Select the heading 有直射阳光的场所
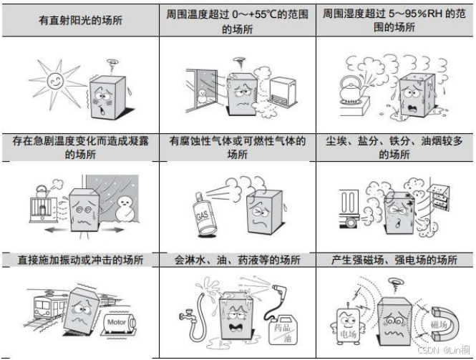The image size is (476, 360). pos(80,21)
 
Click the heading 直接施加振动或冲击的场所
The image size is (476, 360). pos(80,259)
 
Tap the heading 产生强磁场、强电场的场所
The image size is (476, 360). pos(395,259)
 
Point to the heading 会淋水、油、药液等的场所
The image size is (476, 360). pos(237,259)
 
